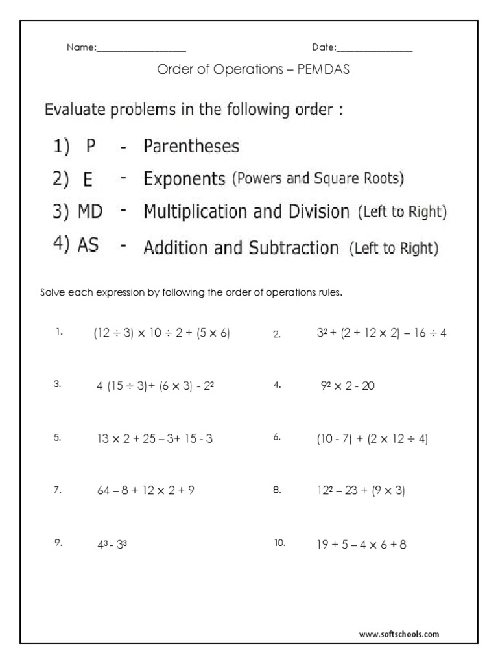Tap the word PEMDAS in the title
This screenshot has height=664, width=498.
pyautogui.click(x=323, y=69)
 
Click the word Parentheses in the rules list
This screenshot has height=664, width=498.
pyautogui.click(x=191, y=147)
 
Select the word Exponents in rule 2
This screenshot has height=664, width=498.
pyautogui.click(x=184, y=179)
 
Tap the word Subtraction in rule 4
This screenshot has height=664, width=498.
pyautogui.click(x=298, y=248)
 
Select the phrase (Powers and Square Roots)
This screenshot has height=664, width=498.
pyautogui.click(x=318, y=180)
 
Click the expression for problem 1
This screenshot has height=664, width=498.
pyautogui.click(x=162, y=333)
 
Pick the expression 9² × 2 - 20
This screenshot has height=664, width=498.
pyautogui.click(x=348, y=386)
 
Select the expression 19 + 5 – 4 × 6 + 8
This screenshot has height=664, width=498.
pyautogui.click(x=362, y=545)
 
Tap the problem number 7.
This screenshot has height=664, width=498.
pyautogui.click(x=58, y=491)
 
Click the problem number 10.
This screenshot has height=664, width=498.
pyautogui.click(x=279, y=544)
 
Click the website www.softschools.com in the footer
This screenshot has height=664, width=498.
pyautogui.click(x=399, y=634)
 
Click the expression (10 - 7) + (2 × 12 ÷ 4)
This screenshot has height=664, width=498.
pyautogui.click(x=372, y=439)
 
